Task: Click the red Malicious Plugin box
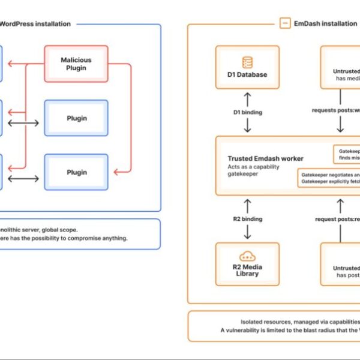coord(76,64)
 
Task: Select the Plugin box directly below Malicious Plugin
coord(76,118)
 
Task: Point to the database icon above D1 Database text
coord(247,62)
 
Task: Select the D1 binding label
coord(247,112)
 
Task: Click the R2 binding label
coord(247,219)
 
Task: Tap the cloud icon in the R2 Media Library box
coord(247,256)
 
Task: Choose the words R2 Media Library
coord(247,270)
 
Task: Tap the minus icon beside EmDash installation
coord(284,23)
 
